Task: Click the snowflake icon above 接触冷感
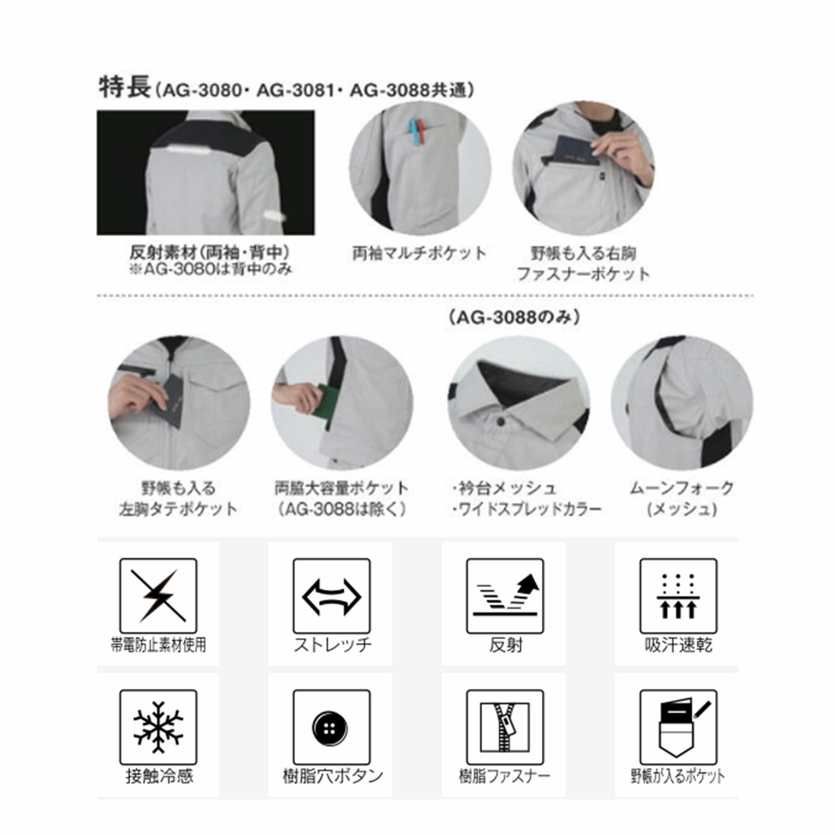pos(158,727)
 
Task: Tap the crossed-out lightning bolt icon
pos(158,595)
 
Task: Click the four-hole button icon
pos(331,727)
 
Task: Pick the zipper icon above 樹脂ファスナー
pos(505,727)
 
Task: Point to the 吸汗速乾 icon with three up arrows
pos(678,597)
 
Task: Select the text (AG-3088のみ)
pos(515,318)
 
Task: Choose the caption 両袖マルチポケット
pos(420,254)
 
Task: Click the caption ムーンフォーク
pos(682,488)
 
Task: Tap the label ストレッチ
pos(332,645)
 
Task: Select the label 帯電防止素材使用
pos(158,645)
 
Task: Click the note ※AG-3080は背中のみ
pos(210,269)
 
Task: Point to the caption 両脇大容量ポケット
pos(342,488)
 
